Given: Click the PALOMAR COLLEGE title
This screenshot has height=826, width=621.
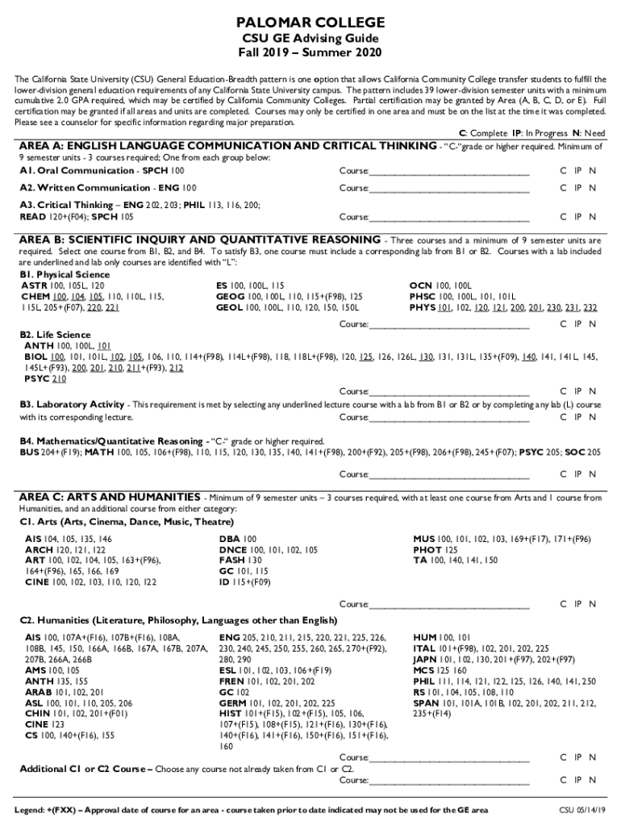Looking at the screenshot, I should pos(310,22).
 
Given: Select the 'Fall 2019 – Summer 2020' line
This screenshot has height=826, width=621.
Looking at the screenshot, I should pos(310,52).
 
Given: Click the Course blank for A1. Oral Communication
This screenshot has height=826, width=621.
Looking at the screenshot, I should pos(449,171).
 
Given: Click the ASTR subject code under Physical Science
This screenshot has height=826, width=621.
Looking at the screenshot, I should pos(33,286).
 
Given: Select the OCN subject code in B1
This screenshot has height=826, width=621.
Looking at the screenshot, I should pos(421,286).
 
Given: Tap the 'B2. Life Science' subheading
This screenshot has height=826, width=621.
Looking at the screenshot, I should pos(55,335).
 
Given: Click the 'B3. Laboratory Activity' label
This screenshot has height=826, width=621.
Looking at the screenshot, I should pos(73,404).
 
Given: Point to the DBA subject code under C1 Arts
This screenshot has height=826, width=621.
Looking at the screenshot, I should pos(229,538).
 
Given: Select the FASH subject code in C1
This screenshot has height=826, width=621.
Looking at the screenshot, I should pos(231,560).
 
